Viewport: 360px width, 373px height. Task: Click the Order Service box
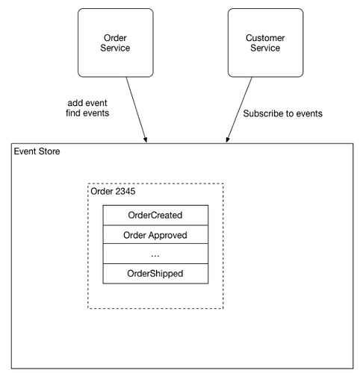(x=116, y=43)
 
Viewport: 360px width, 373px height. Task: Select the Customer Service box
(x=265, y=43)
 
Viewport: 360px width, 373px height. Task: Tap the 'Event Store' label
(x=37, y=151)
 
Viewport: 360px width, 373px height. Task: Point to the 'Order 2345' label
(x=113, y=191)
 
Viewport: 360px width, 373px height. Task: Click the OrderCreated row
(x=155, y=215)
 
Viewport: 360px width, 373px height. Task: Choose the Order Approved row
(x=155, y=234)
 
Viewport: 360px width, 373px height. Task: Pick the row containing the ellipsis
(x=155, y=254)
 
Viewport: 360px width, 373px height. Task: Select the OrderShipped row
(x=155, y=274)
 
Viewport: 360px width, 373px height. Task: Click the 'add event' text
(x=87, y=103)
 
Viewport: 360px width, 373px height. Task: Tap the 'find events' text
(x=87, y=113)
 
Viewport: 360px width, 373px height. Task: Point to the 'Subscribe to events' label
(x=282, y=113)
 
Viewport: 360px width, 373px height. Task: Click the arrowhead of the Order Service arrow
(x=146, y=140)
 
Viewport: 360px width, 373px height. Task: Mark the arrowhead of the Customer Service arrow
(x=228, y=140)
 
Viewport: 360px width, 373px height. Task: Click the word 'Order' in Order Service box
(x=115, y=38)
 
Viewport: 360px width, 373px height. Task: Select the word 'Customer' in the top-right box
(x=265, y=38)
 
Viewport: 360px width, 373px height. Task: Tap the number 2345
(x=125, y=191)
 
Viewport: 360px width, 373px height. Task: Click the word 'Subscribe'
(x=263, y=113)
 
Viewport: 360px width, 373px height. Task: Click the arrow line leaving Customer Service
(x=239, y=110)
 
